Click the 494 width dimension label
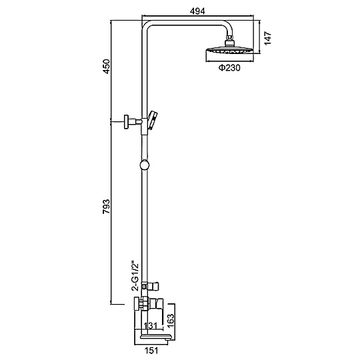point(197,11)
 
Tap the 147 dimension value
point(267,39)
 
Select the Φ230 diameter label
point(229,68)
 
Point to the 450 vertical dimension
point(106,67)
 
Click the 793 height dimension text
point(106,207)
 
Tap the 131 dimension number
point(150,325)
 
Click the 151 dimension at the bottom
point(151,351)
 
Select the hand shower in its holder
point(153,120)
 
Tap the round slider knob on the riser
point(145,165)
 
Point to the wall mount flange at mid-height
point(126,122)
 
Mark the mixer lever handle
point(156,304)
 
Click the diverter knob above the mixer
point(153,286)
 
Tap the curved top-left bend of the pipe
point(145,25)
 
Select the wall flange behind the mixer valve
point(137,303)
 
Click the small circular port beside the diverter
point(144,286)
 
